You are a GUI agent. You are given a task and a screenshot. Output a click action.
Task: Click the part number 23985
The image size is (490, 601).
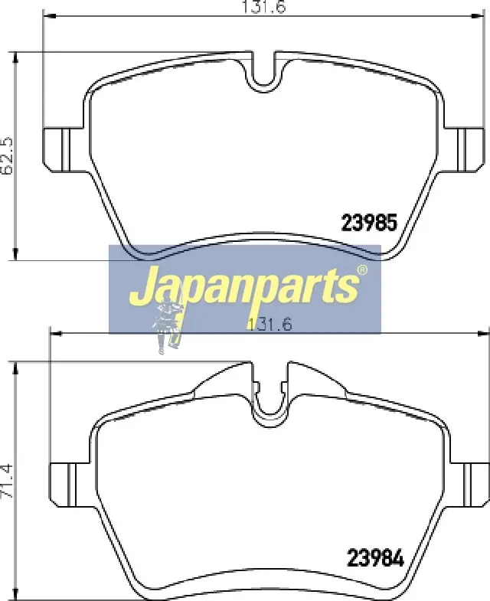point(369,222)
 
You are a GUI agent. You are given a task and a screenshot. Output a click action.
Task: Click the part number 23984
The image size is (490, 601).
point(375,558)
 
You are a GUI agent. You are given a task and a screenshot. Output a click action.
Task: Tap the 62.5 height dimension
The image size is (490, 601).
point(8,156)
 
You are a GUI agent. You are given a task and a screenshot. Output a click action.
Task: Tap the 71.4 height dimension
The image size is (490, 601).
point(8,481)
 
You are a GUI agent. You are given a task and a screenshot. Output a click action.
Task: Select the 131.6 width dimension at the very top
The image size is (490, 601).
point(264,7)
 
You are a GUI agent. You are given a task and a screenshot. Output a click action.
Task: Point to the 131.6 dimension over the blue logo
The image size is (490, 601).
point(270,325)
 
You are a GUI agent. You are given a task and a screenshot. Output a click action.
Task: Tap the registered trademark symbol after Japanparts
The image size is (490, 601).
point(362,270)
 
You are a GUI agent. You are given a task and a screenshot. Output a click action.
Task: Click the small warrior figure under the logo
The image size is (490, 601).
point(168,327)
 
